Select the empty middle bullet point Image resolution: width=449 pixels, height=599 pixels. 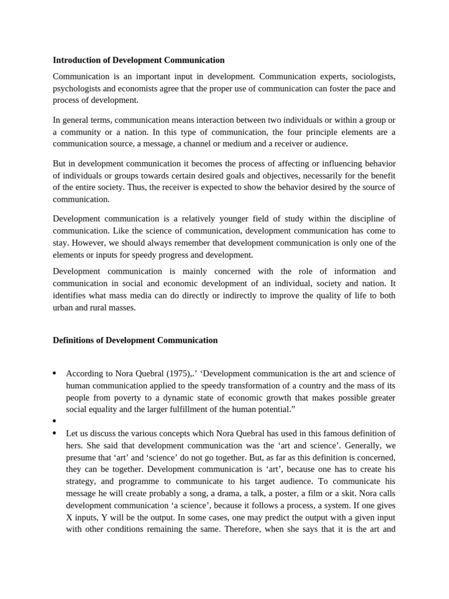point(54,421)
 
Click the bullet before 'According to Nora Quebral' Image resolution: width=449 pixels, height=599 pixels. point(54,374)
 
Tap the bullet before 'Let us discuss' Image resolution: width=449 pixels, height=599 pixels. point(54,433)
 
